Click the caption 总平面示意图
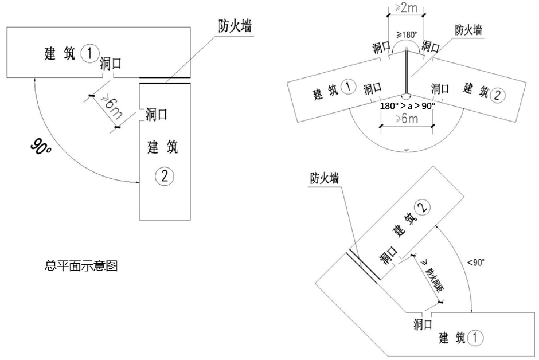tap(81, 266)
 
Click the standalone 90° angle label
tap(41, 148)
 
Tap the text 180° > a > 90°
tap(408, 105)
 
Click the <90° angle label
tap(475, 262)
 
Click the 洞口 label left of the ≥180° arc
tap(381, 46)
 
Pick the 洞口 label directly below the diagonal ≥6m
tap(157, 114)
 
